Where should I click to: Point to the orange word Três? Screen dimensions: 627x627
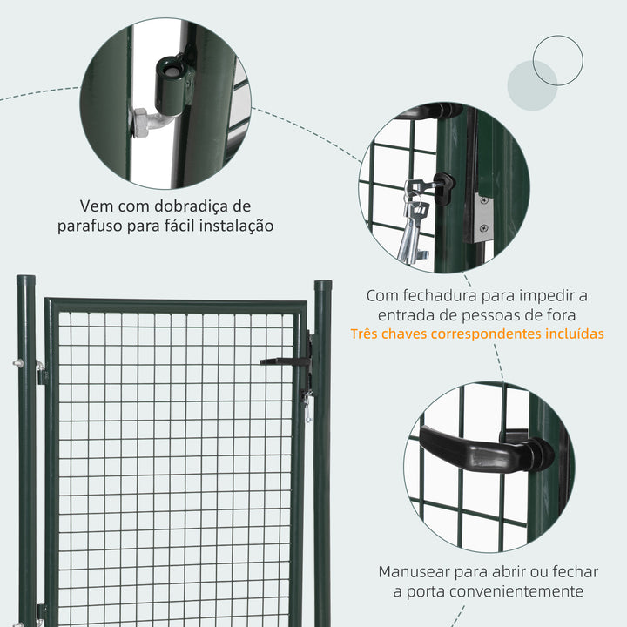[x=368, y=334]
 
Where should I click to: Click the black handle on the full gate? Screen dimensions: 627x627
[x=283, y=361]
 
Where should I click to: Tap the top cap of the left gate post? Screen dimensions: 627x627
[x=26, y=281]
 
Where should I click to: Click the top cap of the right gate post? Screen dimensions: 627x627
[x=323, y=285]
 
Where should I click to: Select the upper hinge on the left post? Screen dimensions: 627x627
[x=40, y=373]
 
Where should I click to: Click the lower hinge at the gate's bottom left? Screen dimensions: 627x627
[x=40, y=611]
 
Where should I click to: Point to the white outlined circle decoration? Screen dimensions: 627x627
[x=557, y=60]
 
